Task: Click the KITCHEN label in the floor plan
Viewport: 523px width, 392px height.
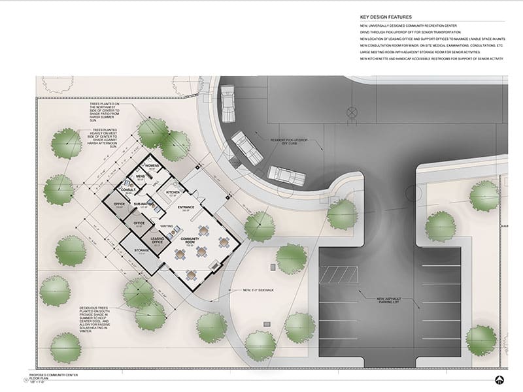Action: (x=173, y=193)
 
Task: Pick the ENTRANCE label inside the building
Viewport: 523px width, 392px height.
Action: (x=186, y=208)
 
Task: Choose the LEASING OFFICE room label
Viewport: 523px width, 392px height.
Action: (x=157, y=240)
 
